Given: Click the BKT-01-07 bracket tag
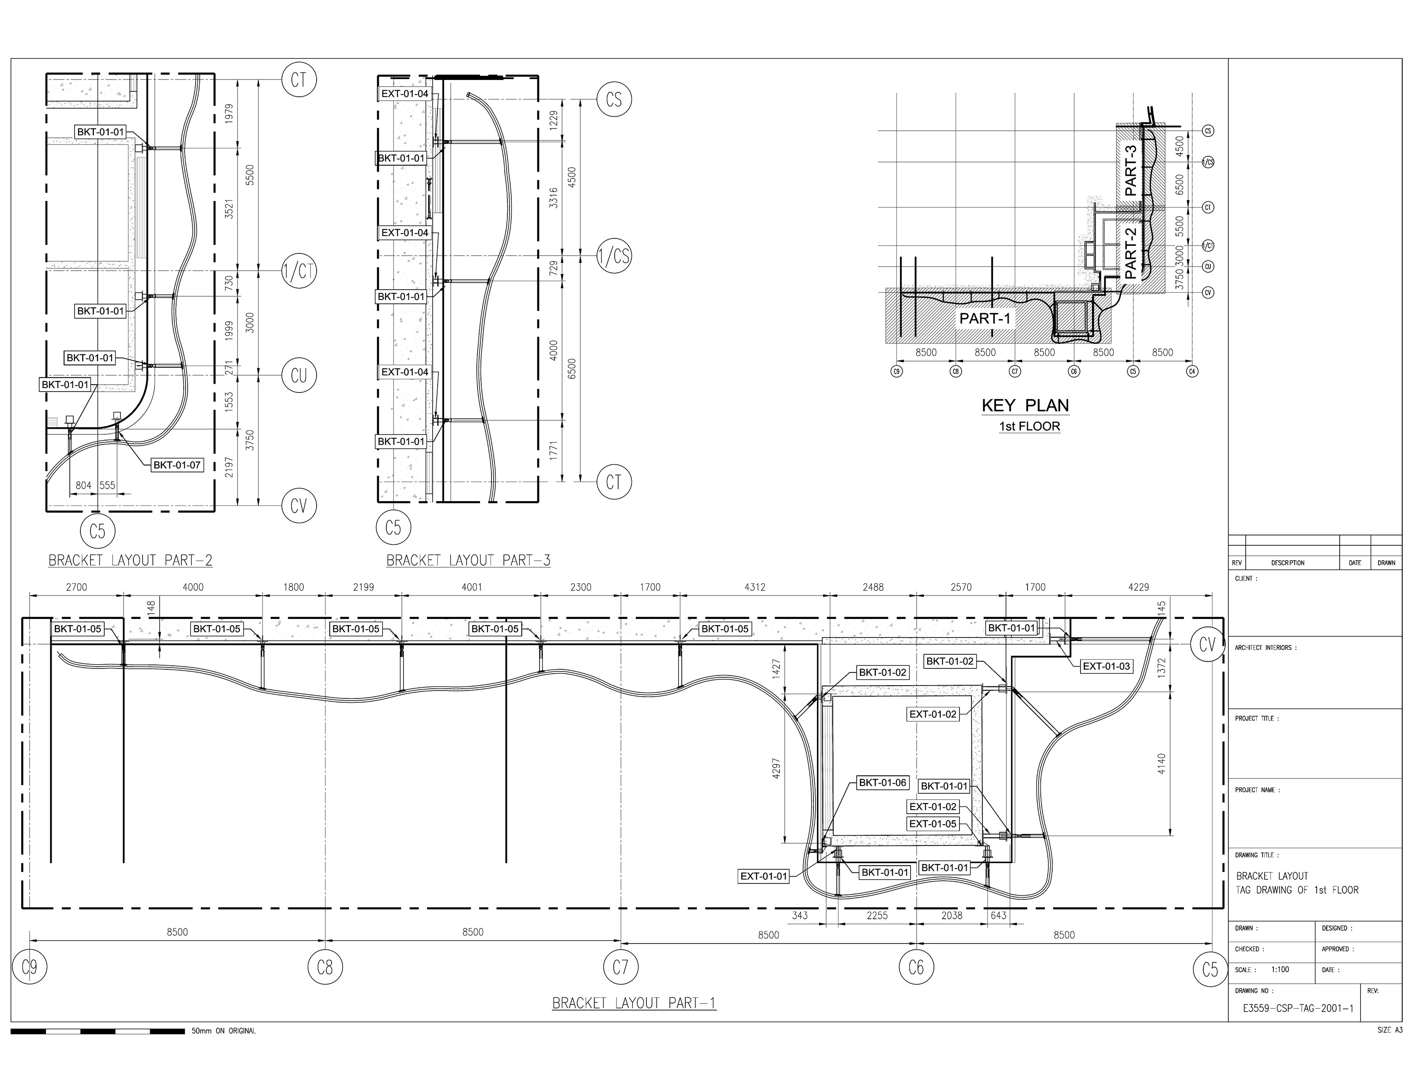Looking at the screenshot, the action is (177, 465).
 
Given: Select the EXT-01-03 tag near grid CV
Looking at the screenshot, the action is (1106, 667).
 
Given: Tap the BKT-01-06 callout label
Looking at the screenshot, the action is (883, 783).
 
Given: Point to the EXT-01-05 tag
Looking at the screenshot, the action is (933, 824).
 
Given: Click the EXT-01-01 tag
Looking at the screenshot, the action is (763, 876).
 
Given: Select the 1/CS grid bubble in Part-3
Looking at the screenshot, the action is (615, 256).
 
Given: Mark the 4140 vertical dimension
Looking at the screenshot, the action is (1161, 764).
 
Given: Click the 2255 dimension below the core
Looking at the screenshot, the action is (877, 916).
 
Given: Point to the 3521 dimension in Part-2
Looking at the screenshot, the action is (229, 209).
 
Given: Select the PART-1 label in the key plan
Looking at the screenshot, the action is (985, 318).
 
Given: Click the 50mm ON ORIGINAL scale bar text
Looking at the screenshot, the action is (223, 1031).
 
